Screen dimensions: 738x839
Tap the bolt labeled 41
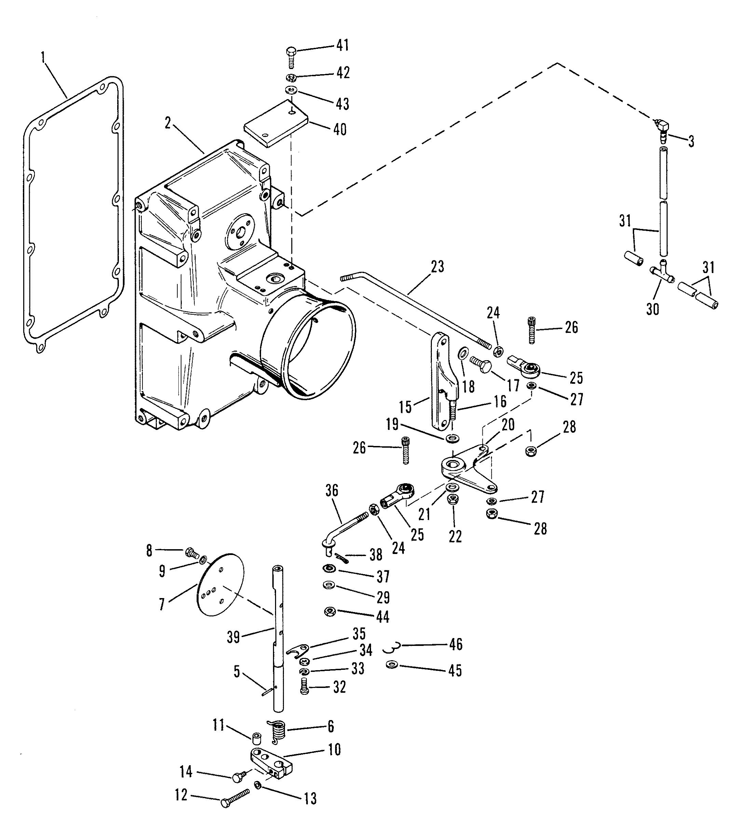[x=291, y=57]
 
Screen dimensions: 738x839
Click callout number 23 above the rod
[x=438, y=267]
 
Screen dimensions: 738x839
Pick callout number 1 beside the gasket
[x=43, y=57]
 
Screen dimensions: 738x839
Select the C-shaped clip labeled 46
[x=391, y=647]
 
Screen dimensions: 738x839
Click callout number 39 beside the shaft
[x=233, y=637]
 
